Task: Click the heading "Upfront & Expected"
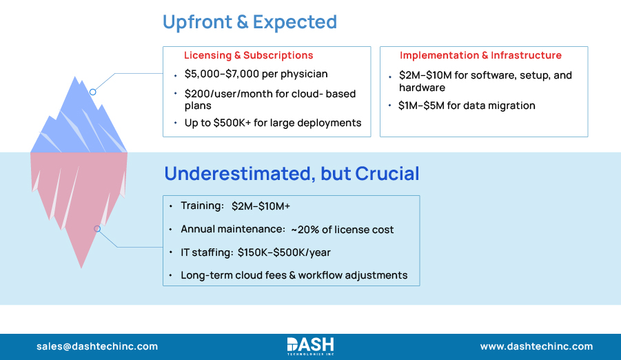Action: [x=250, y=22]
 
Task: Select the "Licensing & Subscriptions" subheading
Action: [x=248, y=55]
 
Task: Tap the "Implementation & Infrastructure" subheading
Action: [x=480, y=55]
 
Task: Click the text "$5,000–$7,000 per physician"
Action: [x=256, y=74]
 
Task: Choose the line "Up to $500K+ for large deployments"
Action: [x=273, y=123]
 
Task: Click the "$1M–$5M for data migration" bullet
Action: [x=467, y=106]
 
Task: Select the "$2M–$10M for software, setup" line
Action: [x=485, y=75]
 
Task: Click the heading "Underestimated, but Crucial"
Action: [x=291, y=174]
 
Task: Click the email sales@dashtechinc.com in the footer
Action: [x=97, y=346]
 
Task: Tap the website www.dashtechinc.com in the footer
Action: [x=536, y=346]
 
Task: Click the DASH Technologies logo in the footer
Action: [x=310, y=346]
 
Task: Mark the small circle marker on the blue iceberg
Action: [x=92, y=92]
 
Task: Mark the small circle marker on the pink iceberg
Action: [x=97, y=228]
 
